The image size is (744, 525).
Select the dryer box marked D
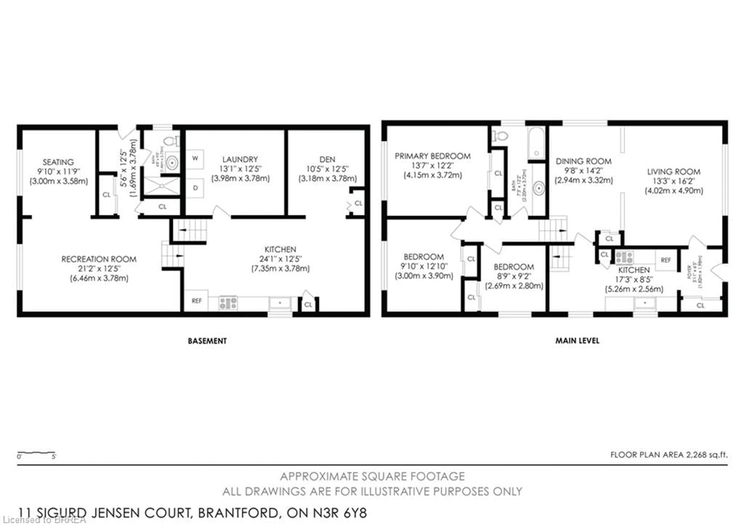[195, 188]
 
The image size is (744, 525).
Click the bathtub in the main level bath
[537, 143]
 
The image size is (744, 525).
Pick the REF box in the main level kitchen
[666, 260]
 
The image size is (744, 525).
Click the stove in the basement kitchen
[228, 303]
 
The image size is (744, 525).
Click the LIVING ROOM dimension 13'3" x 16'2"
[674, 181]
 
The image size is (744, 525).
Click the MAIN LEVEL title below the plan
[577, 340]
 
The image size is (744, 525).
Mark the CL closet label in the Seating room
[106, 195]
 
